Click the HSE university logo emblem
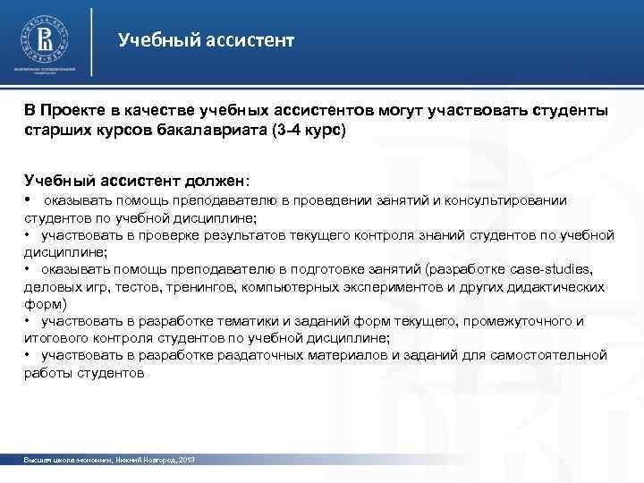point(44,40)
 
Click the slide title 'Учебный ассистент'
point(206,40)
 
